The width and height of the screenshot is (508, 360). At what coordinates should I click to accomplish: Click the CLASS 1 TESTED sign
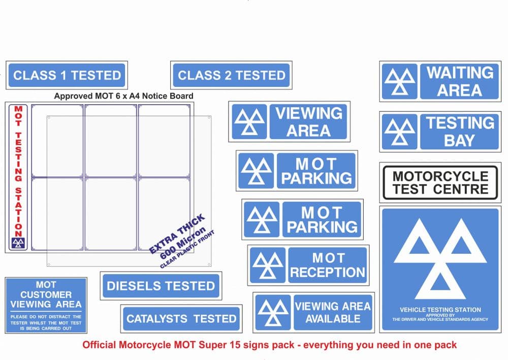[67, 75]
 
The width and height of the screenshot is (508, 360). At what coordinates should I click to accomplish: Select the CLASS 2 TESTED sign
[231, 75]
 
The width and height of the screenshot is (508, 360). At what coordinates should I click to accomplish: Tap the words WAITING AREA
[459, 81]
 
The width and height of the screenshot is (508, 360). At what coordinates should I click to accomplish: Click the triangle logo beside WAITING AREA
[399, 81]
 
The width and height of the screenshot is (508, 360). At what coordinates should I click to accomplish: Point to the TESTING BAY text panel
[459, 132]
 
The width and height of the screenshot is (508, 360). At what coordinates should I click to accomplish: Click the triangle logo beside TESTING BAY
[399, 132]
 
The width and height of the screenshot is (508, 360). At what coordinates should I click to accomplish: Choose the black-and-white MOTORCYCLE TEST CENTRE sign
[440, 183]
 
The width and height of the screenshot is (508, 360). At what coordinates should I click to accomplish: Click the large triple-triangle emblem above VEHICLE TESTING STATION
[440, 258]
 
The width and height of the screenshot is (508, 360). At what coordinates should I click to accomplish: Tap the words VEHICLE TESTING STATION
[440, 310]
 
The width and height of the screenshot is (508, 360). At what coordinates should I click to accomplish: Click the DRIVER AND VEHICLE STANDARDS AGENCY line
[440, 319]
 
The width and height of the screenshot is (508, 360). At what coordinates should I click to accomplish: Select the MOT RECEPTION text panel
[327, 265]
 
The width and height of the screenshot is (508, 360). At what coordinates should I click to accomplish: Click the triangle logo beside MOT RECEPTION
[267, 265]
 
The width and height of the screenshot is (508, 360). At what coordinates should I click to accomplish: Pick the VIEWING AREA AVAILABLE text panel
[333, 312]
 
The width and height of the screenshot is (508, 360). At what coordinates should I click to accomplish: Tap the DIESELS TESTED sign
[161, 286]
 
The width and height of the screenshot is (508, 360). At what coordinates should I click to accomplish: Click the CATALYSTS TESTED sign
[181, 319]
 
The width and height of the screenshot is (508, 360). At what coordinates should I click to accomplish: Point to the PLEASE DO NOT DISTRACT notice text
[46, 322]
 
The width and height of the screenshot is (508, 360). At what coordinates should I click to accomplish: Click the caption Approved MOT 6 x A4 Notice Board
[123, 96]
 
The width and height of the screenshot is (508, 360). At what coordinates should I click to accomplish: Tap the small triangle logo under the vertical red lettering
[18, 243]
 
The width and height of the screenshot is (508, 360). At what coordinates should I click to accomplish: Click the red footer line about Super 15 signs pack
[269, 345]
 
